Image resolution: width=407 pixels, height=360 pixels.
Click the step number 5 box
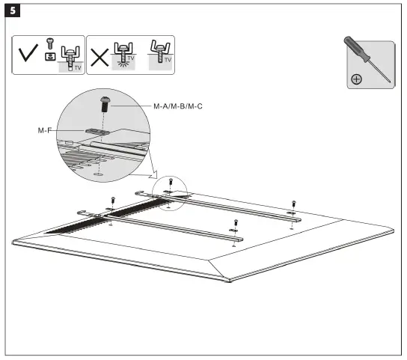tap(12, 11)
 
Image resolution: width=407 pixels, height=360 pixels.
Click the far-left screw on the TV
tap(111, 200)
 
